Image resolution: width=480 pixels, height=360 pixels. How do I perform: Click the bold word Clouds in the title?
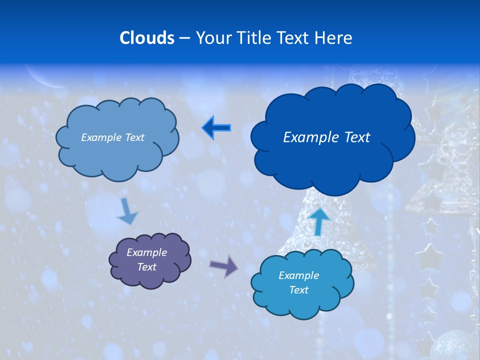146,38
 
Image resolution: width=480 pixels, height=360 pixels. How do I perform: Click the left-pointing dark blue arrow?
216,128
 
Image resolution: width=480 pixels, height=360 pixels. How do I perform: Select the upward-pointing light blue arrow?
319,221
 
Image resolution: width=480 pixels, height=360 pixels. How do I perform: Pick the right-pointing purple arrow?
224,265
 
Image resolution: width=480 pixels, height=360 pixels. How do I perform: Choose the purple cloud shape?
150,260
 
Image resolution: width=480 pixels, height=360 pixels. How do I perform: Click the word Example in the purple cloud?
146,252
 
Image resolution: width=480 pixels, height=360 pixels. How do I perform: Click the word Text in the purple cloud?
146,267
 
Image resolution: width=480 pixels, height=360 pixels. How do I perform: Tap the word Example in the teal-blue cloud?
298,275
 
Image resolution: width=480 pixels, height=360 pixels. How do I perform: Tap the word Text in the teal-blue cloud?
298,290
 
